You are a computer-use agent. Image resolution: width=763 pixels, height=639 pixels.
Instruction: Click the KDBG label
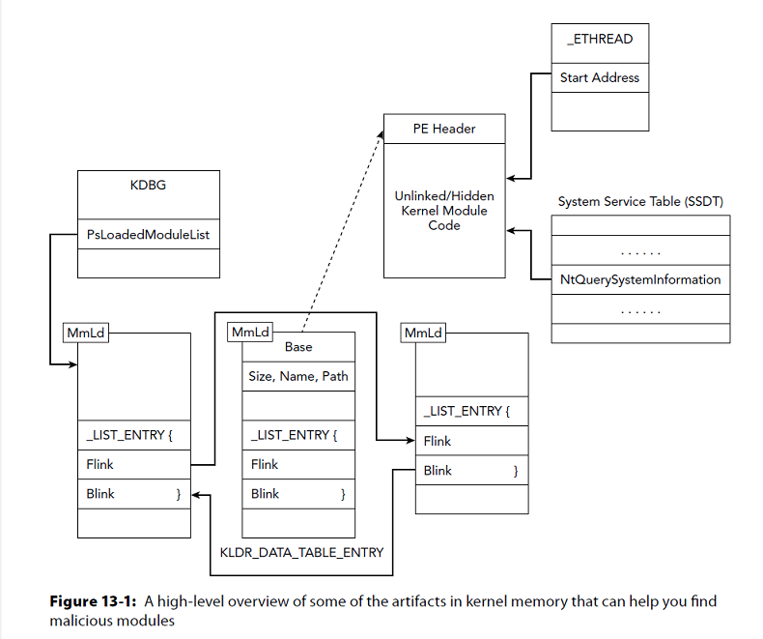148,185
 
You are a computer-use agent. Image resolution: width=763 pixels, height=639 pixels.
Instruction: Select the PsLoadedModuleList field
148,233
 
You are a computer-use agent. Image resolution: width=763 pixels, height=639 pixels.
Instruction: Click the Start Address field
599,78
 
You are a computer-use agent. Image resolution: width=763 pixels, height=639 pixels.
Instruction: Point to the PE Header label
444,129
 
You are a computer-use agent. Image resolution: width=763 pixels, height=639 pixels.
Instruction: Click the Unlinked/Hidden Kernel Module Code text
444,211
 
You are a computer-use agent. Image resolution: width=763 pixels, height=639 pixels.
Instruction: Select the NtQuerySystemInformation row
640,279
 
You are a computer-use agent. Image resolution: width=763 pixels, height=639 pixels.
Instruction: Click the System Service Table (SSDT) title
640,201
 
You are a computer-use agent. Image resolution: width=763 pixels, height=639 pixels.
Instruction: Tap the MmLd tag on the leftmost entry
85,333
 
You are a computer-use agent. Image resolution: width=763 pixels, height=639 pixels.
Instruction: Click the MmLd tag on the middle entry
249,333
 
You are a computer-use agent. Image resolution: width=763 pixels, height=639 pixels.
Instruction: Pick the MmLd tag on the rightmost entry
423,333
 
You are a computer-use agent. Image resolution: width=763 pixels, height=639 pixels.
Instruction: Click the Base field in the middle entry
298,346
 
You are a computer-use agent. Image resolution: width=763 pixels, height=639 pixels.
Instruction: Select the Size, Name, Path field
298,376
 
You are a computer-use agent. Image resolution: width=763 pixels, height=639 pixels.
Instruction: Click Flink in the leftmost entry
99,464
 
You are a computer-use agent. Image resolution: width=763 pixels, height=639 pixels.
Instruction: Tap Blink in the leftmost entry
99,494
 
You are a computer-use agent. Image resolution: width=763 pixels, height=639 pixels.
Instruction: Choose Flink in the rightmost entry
438,441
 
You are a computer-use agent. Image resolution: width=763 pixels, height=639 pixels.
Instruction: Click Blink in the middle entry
265,494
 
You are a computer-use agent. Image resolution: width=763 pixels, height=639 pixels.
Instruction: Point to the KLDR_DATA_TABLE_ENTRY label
301,552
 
